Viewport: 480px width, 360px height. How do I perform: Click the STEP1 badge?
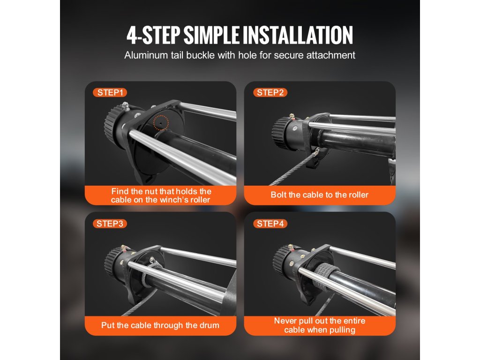tap(110, 92)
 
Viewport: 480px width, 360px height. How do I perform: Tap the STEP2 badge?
tap(270, 92)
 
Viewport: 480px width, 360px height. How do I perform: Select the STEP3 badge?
tap(110, 224)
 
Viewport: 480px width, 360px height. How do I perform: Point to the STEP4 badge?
tap(270, 224)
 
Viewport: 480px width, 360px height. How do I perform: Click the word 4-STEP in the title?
tap(153, 35)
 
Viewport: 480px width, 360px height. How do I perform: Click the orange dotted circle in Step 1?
tap(161, 122)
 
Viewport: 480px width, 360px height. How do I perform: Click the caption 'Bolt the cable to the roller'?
tap(319, 195)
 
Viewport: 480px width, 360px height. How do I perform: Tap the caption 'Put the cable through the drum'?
tap(160, 325)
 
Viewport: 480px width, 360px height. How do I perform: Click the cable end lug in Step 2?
tap(315, 152)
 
